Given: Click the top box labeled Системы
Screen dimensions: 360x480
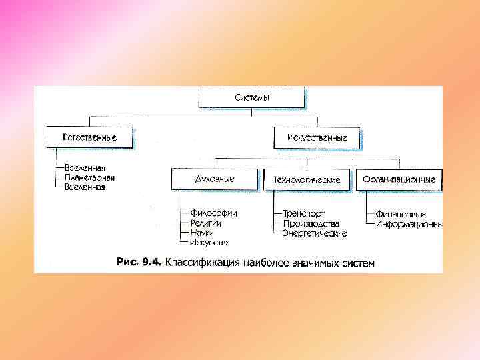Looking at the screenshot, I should (251, 97).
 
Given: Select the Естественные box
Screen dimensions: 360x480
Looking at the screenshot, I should (89, 137).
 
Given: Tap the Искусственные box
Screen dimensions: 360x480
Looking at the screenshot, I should (317, 137).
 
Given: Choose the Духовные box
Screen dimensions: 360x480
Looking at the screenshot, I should (214, 179).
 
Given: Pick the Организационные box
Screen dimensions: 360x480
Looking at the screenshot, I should (399, 179).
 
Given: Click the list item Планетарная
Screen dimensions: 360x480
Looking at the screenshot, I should (89, 178).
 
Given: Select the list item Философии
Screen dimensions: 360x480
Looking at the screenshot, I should (213, 213).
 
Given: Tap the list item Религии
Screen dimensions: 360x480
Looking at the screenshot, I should (206, 223).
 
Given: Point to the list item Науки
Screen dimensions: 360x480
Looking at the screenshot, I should (203, 233).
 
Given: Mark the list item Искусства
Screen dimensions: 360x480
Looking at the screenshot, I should (209, 242).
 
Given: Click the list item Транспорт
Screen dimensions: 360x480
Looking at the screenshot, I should (304, 213).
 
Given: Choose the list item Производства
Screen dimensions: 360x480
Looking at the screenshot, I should (311, 223).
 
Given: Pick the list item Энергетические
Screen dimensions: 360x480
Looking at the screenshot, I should (315, 233).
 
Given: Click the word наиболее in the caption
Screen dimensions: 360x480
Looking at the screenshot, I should (269, 262).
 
